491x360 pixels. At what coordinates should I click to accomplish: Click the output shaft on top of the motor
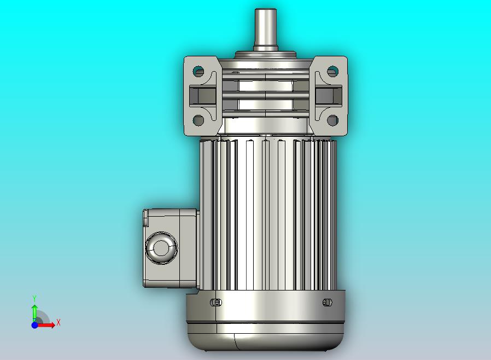[265, 29]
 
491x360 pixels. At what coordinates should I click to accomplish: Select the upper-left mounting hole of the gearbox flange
[198, 71]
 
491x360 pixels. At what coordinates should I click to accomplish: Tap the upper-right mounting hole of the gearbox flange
[332, 71]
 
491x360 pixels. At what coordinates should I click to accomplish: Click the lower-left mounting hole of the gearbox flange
[198, 120]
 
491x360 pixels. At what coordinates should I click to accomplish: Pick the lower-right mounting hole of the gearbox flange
[332, 120]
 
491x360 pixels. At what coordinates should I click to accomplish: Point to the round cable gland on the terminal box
[161, 248]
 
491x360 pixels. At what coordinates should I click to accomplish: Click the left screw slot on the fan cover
[216, 303]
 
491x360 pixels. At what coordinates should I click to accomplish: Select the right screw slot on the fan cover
[327, 303]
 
